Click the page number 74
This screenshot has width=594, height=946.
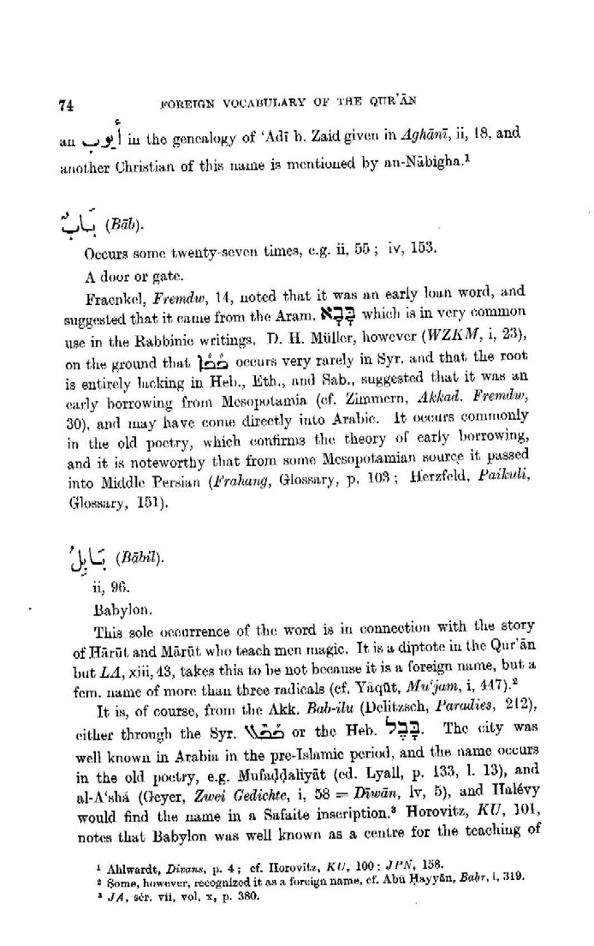coord(64,105)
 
